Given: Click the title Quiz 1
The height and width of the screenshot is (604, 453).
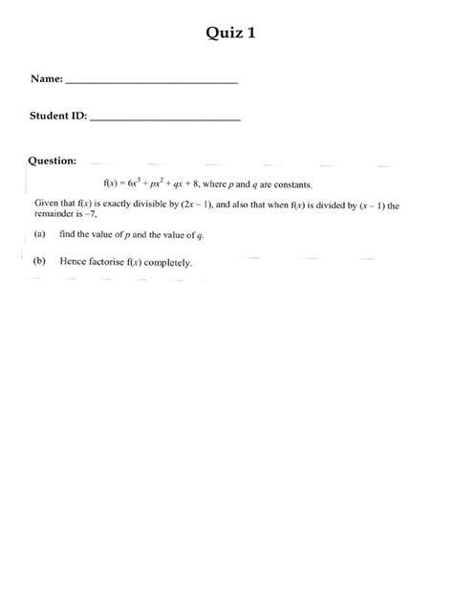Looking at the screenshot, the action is tap(230, 34).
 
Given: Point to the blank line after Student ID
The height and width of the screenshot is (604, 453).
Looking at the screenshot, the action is tap(164, 120).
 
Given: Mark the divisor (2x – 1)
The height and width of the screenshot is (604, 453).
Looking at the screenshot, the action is tap(214, 205).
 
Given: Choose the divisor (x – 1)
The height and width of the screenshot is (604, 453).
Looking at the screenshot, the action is tap(371, 205).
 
